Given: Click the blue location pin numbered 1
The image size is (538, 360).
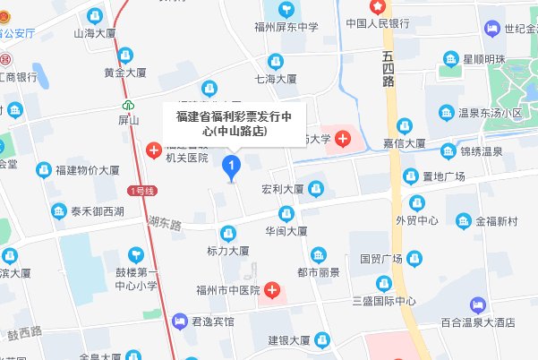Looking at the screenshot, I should (233, 167).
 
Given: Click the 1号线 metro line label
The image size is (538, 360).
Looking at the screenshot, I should (142, 191).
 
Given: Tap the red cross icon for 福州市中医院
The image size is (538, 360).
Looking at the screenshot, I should (269, 291).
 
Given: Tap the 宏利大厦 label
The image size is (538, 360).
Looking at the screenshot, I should (282, 190).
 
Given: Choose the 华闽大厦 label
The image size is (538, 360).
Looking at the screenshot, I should (286, 230).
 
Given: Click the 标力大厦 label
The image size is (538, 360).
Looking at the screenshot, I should (227, 252).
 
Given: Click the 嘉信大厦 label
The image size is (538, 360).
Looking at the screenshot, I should (404, 142).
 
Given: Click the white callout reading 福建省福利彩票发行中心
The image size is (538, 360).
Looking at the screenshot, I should (233, 124).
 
